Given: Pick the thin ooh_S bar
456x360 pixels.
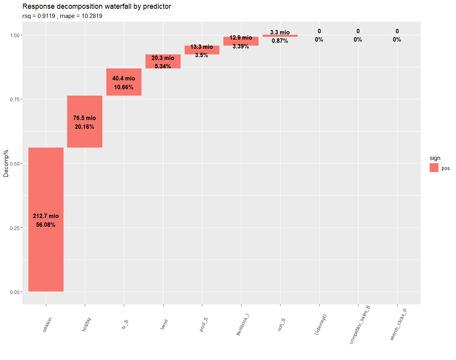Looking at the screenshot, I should [x=280, y=36].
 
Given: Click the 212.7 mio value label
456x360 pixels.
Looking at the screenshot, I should [x=46, y=216].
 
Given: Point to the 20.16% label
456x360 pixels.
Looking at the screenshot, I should [x=84, y=127].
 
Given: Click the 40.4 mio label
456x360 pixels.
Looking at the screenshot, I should [x=123, y=79].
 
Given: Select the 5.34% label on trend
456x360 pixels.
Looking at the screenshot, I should [x=163, y=66].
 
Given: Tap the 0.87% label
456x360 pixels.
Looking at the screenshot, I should [x=280, y=40].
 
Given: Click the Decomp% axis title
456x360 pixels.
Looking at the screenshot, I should [x=6, y=164].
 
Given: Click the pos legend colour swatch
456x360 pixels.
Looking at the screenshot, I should [x=434, y=168].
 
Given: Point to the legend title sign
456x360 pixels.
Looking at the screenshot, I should [x=435, y=158].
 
